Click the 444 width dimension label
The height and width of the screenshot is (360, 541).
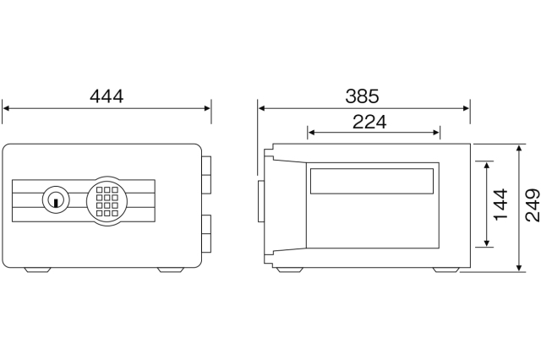click(x=107, y=96)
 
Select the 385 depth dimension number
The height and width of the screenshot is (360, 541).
click(x=362, y=96)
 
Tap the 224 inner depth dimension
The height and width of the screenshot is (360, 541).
click(x=369, y=122)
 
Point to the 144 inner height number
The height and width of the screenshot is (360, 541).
click(x=500, y=204)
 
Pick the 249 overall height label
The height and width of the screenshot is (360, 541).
click(x=533, y=205)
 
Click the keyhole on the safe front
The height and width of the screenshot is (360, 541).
click(x=56, y=200)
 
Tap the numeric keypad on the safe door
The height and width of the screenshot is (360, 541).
click(x=107, y=201)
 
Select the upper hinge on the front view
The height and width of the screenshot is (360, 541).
click(x=206, y=175)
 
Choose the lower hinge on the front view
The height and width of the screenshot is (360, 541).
click(x=206, y=234)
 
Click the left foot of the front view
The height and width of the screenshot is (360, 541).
click(x=37, y=270)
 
